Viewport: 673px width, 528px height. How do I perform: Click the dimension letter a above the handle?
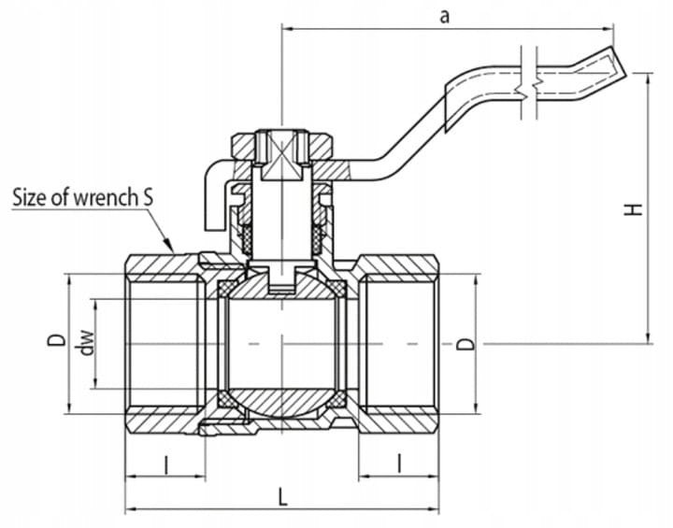tap(445, 17)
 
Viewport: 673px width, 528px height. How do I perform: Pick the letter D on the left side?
tap(57, 340)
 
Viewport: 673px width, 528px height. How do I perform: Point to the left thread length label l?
tap(165, 464)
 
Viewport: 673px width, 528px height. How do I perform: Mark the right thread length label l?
tap(400, 463)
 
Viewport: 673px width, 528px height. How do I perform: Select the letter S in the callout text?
tap(147, 198)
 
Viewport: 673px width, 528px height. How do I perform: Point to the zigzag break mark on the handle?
tap(529, 84)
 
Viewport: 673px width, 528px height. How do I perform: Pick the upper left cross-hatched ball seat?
tap(226, 288)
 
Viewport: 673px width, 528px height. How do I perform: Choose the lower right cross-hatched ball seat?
tap(336, 400)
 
